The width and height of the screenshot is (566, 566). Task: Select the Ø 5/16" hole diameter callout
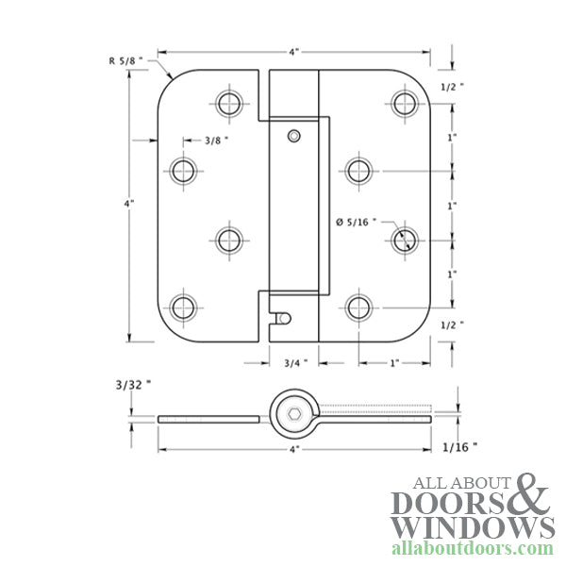356,223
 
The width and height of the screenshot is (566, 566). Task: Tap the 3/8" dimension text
216,141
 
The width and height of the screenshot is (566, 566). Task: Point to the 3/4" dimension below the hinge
295,361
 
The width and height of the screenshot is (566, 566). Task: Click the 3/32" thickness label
133,385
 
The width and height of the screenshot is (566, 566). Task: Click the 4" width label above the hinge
293,53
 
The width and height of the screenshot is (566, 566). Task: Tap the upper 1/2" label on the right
455,87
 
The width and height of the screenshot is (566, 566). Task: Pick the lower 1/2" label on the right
455,324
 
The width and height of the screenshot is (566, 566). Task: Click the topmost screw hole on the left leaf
229,102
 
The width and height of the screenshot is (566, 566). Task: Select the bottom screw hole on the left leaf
183,307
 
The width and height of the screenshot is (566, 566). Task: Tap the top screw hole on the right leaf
406,102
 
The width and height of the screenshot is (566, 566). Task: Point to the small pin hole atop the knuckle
295,136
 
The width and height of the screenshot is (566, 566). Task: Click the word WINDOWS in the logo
473,526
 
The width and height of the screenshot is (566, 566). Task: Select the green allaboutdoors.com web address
473,548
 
